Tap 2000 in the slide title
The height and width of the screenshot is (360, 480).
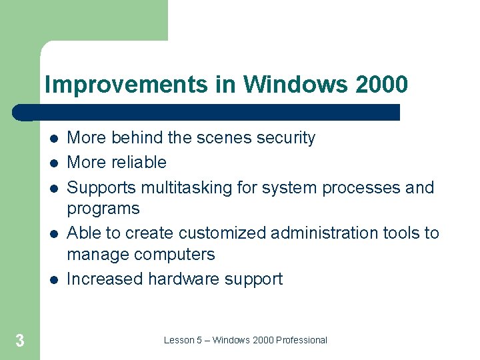381,85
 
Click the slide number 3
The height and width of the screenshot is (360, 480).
19,341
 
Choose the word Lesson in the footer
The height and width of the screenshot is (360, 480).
178,340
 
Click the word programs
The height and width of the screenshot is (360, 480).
103,209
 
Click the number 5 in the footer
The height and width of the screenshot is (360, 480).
200,340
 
